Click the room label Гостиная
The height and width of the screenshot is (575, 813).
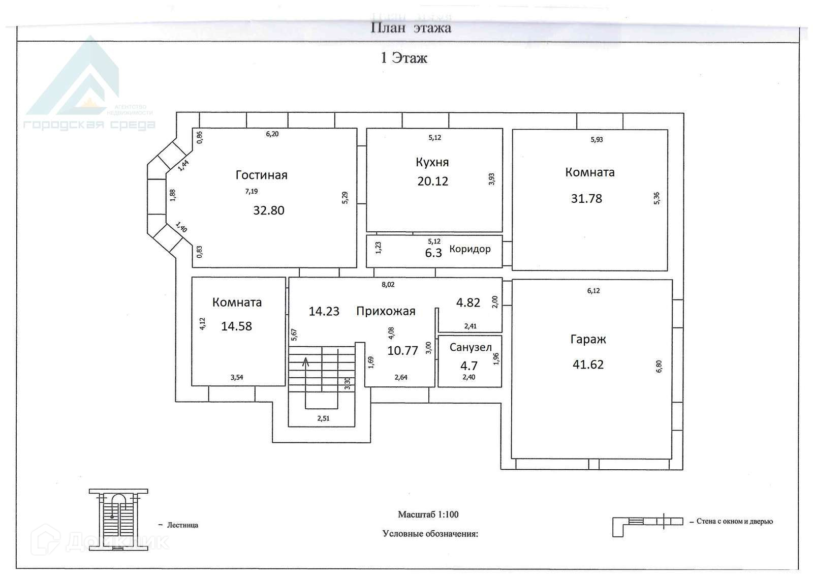point(261,175)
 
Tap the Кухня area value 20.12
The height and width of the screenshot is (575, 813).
point(432,181)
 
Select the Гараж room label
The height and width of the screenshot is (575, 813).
point(588,340)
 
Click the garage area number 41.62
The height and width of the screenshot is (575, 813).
point(588,365)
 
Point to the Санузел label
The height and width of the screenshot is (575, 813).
point(471,348)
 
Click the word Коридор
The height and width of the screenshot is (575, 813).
point(470,249)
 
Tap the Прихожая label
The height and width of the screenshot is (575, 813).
point(386,311)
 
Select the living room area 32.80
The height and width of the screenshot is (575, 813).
point(269,210)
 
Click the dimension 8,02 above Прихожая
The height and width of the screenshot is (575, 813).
point(388,285)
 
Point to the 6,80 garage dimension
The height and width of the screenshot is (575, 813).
point(659,366)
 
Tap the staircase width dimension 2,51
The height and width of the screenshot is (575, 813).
point(323,418)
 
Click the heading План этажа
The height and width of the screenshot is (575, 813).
point(411,28)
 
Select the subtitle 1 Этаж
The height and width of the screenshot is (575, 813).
point(404,58)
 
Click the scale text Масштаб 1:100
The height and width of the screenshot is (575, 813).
point(428,515)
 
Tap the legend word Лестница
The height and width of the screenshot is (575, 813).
point(182,525)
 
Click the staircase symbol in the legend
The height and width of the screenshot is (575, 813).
point(118,520)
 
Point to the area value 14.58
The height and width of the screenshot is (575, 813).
point(236,326)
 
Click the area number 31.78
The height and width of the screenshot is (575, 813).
point(586,199)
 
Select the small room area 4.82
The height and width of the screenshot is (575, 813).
point(468,302)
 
